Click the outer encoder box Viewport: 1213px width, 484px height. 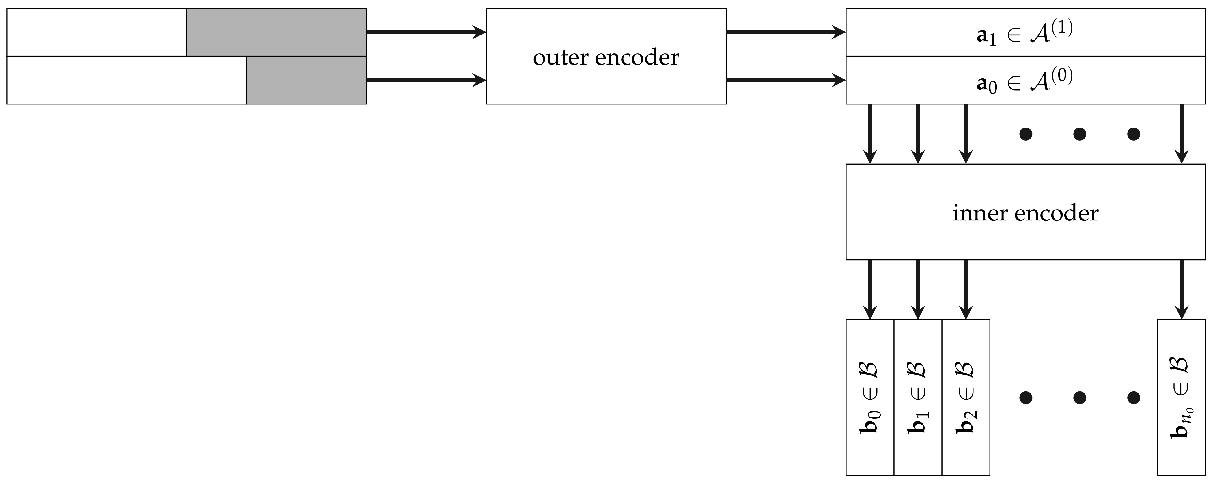tap(606, 85)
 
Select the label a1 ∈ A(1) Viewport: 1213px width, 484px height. tap(1025, 33)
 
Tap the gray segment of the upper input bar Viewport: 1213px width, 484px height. tap(277, 32)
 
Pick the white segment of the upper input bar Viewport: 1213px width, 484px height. tap(96, 32)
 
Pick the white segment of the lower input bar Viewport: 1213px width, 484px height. tap(126, 80)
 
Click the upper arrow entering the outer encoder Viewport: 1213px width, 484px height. tap(426, 32)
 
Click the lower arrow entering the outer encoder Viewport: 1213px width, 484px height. tap(426, 80)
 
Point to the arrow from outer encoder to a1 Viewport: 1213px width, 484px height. tap(785, 32)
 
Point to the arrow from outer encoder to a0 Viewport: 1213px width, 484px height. tap(785, 80)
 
